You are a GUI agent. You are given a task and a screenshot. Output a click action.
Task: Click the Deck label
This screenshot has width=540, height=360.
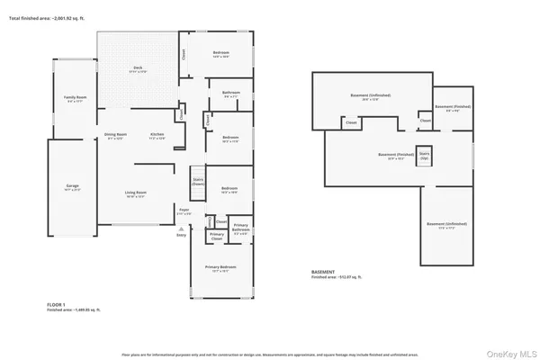coord(139,68)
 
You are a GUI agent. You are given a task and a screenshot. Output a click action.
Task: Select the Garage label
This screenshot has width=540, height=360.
coord(72,187)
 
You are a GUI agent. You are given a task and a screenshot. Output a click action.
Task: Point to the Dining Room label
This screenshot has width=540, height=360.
coord(116,135)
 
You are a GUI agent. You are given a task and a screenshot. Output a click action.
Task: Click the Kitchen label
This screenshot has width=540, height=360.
coord(157,135)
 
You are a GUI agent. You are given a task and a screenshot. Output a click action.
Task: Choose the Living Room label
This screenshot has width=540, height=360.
coord(135,193)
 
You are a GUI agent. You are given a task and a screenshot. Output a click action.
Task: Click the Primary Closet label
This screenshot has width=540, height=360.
coord(217,235)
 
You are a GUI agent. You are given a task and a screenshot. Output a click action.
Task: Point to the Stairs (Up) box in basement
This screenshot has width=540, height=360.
coord(424,155)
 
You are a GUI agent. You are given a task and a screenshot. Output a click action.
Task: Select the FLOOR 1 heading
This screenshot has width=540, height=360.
coord(56,305)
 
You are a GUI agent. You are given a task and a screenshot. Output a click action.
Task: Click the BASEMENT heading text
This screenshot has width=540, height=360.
coord(323,272)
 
